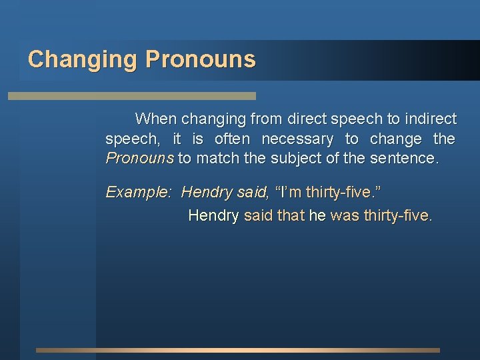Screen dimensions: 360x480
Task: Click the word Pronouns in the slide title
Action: [200, 60]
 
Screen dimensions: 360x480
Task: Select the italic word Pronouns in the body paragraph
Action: [139, 159]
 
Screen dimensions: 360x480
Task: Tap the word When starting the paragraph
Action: [155, 119]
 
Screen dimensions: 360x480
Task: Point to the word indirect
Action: [431, 119]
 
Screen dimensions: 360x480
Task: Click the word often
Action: [232, 139]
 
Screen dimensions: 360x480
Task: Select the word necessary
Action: [297, 139]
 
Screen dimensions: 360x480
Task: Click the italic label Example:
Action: [139, 193]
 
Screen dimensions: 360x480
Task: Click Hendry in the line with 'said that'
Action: [213, 215]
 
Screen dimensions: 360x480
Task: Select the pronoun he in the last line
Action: [317, 215]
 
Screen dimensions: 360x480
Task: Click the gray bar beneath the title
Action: [131, 96]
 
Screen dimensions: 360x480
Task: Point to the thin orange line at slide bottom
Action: [237, 350]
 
